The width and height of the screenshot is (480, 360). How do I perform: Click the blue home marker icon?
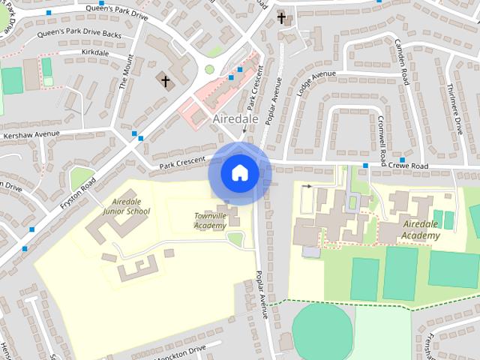click(239, 173)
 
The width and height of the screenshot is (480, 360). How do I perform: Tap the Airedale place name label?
click(235, 119)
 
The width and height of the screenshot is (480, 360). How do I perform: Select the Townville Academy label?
click(210, 220)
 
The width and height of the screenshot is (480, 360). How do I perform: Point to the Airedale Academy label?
click(420, 230)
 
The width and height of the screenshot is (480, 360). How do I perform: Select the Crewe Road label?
click(409, 166)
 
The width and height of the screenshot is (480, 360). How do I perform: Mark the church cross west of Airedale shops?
click(166, 79)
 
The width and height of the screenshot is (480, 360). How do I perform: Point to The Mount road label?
click(124, 72)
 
